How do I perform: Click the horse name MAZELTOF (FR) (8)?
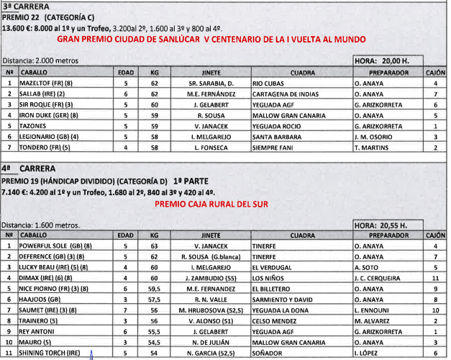tap(48, 83)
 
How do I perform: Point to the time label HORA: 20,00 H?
tap(383, 62)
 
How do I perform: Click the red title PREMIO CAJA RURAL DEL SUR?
tap(211, 204)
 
